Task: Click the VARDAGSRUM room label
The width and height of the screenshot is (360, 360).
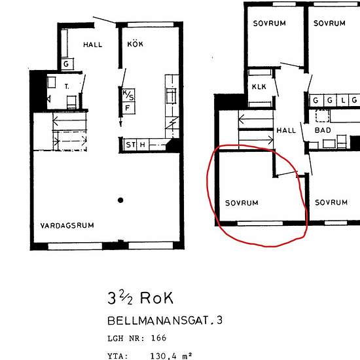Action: (67, 225)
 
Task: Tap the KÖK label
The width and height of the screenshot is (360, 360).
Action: (135, 44)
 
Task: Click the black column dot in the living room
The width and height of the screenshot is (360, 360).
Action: (120, 200)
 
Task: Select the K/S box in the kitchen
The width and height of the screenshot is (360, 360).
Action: (128, 96)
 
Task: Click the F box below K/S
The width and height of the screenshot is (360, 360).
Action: (128, 108)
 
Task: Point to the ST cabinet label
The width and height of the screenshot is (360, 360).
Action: (131, 145)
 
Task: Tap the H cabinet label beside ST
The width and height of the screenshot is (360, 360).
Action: (142, 145)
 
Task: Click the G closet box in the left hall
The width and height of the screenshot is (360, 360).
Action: (67, 64)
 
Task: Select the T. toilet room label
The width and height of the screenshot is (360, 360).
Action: (67, 86)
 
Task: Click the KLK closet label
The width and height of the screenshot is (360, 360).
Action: (259, 87)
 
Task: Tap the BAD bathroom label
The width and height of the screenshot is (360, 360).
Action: (323, 130)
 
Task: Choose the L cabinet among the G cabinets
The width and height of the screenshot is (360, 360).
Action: (343, 100)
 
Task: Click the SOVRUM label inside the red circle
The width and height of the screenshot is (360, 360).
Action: (242, 203)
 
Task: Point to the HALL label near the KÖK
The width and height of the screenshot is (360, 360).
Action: (92, 45)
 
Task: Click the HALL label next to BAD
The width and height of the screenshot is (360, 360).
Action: (286, 131)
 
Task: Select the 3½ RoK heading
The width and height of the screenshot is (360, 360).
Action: (140, 298)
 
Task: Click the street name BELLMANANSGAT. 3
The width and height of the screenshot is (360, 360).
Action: (164, 321)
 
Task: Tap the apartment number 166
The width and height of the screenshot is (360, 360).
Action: (158, 338)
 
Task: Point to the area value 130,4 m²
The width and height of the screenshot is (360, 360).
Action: (171, 356)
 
